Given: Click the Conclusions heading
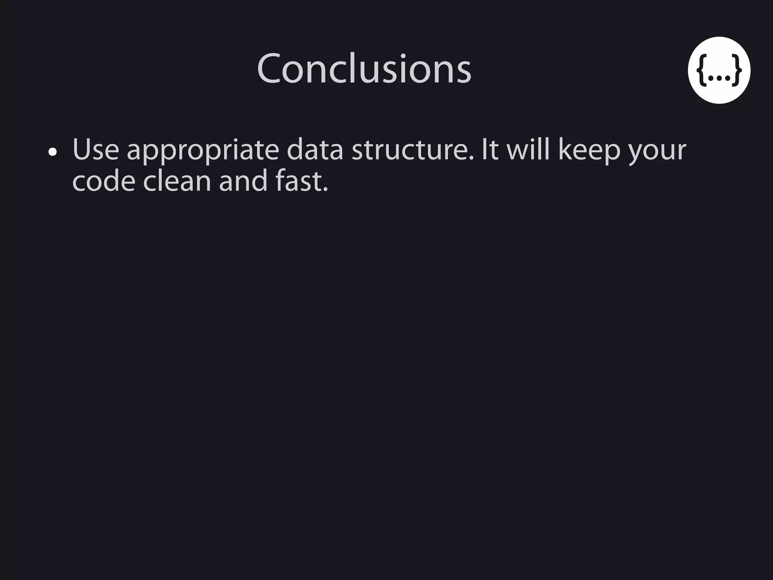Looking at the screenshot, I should [364, 69].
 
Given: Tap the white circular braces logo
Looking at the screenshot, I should [719, 70].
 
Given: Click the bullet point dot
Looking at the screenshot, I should [53, 152].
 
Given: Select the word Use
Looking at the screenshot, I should [95, 150].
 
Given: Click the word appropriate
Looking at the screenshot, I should [203, 151].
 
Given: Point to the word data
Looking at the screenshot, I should [315, 150].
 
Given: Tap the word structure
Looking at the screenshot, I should [413, 150].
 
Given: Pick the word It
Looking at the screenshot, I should [490, 150].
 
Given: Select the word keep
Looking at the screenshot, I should [589, 151].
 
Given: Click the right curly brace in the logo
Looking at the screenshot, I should [736, 70].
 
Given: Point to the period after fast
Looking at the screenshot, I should [325, 190].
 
